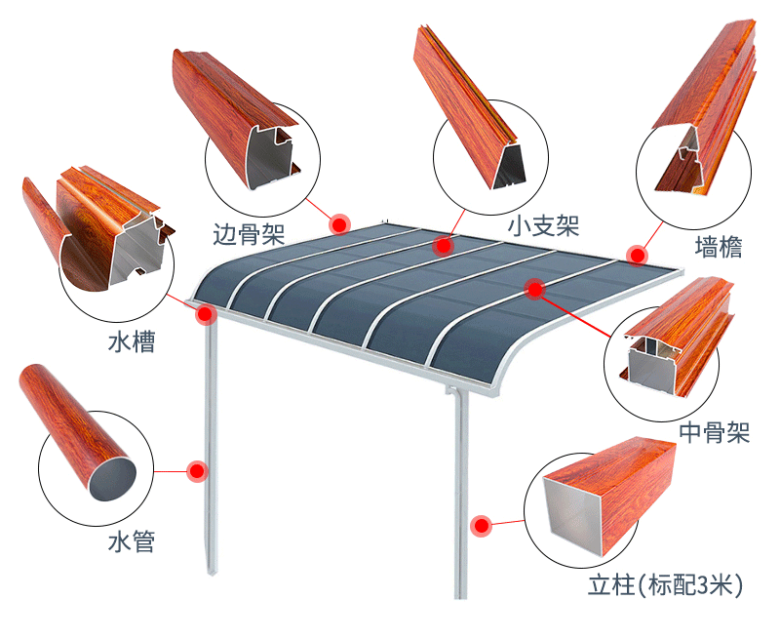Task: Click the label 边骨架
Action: [x=249, y=233]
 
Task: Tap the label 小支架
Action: [x=543, y=226]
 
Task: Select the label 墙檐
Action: [x=719, y=247]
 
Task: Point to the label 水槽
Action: [x=132, y=342]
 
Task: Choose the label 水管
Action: [x=132, y=541]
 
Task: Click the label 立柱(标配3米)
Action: [x=666, y=585]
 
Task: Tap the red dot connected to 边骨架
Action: [x=339, y=224]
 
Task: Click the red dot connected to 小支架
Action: [x=444, y=245]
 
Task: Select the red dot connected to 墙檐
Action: [x=637, y=256]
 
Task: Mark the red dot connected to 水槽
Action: [x=206, y=314]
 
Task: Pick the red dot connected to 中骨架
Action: [x=533, y=288]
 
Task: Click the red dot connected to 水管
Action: [x=197, y=470]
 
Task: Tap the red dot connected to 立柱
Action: [x=481, y=526]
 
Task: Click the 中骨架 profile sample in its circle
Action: [x=673, y=341]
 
